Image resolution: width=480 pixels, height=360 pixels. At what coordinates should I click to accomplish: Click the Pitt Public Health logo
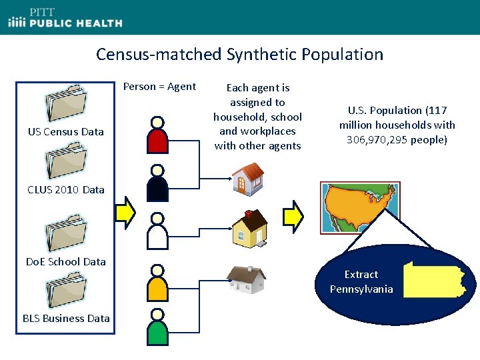click(65, 18)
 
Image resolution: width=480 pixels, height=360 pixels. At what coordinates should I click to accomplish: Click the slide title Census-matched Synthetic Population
click(239, 54)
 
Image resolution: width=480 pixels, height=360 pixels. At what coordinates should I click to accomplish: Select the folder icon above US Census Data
click(65, 103)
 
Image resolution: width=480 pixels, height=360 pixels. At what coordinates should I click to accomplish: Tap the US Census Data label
click(66, 131)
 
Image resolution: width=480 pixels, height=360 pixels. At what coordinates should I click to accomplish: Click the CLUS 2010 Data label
click(66, 189)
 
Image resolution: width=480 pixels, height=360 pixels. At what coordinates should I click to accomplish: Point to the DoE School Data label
click(66, 261)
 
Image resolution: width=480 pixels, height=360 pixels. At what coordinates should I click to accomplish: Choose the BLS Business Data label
click(66, 318)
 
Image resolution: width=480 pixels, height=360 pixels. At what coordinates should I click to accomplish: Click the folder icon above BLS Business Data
click(65, 290)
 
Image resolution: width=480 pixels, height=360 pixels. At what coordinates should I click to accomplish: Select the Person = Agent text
click(159, 86)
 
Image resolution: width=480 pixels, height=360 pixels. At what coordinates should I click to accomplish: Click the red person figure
click(157, 136)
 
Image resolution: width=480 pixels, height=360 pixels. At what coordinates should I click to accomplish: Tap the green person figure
click(157, 329)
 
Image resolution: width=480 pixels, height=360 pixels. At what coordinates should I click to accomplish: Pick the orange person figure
click(157, 284)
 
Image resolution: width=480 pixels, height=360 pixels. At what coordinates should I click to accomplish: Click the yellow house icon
click(249, 227)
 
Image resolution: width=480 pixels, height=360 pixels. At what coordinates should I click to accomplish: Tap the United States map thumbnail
click(360, 207)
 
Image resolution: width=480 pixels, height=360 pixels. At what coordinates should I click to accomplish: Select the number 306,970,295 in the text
click(375, 139)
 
